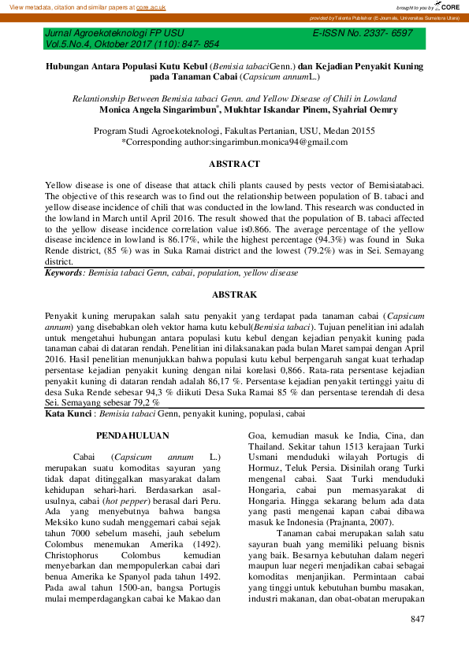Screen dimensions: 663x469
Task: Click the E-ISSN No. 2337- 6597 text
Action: pyautogui.click(x=363, y=34)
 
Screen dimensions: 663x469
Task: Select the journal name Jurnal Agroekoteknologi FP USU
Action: pyautogui.click(x=114, y=34)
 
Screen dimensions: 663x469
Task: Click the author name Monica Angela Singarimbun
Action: pyautogui.click(x=158, y=111)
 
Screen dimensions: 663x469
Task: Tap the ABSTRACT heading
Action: pyautogui.click(x=234, y=164)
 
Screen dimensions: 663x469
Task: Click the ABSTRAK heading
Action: pyautogui.click(x=234, y=294)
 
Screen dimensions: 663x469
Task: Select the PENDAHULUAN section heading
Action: pyautogui.click(x=128, y=435)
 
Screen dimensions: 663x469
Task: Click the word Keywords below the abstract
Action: pyautogui.click(x=64, y=272)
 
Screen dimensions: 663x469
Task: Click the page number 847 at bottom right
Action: pyautogui.click(x=418, y=620)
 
